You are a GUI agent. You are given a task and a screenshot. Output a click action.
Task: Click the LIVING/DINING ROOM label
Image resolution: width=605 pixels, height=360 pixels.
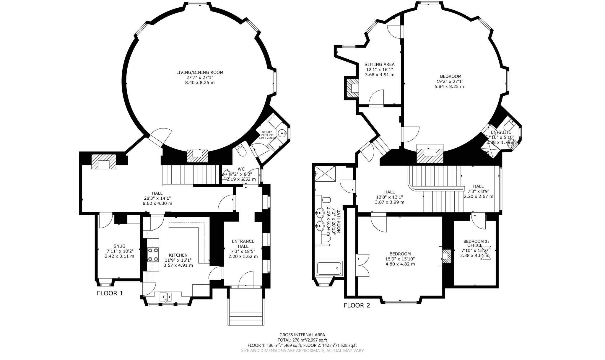(199, 72)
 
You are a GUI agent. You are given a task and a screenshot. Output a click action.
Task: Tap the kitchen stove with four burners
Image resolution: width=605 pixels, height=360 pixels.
(153, 254)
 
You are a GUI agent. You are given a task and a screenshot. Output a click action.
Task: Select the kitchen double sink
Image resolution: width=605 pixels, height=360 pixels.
(165, 297)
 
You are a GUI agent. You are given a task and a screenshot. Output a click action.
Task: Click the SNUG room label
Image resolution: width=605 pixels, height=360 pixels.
(119, 246)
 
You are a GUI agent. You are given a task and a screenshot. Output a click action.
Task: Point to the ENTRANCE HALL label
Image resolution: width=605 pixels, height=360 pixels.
(243, 244)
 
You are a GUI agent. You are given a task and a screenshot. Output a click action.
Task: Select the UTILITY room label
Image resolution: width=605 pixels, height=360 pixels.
(267, 132)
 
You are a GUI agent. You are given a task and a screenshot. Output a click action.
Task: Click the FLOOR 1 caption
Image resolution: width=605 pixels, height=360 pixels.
(110, 293)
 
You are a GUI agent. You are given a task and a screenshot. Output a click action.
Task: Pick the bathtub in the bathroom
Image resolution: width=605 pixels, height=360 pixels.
(329, 268)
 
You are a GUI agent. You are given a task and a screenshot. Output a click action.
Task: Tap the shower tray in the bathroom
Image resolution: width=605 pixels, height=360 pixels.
(325, 173)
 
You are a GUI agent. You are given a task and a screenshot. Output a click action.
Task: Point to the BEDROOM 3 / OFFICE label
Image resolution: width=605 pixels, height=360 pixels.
(476, 243)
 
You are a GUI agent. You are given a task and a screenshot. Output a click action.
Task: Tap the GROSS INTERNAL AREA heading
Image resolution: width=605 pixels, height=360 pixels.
(302, 335)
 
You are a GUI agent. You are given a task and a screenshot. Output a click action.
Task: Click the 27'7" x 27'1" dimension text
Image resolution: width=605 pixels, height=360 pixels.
(199, 77)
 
